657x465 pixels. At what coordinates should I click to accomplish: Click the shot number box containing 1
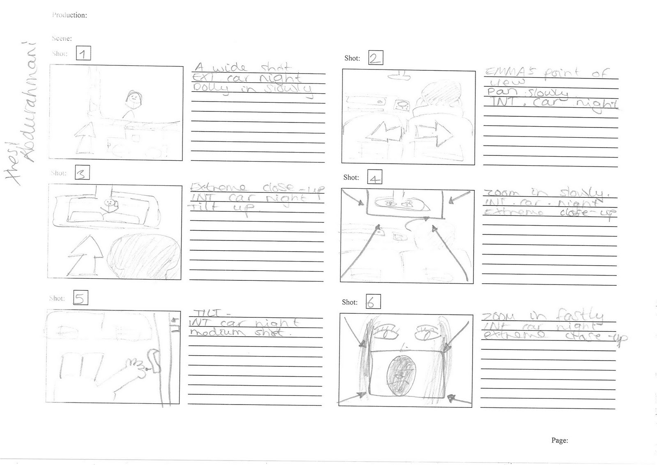point(83,54)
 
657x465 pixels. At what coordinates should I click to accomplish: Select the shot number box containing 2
point(375,58)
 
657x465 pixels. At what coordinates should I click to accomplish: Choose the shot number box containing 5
point(80,298)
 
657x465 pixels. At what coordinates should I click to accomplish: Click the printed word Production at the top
point(69,15)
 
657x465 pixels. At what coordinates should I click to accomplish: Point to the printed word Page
point(559,440)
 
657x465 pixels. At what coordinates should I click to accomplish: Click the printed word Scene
point(62,38)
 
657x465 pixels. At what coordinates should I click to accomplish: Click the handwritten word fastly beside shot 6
point(579,316)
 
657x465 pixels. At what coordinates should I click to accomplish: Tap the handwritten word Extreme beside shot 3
point(218,188)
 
